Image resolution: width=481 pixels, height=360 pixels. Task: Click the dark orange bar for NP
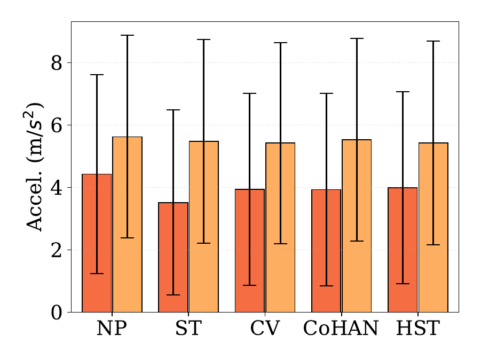[97, 243]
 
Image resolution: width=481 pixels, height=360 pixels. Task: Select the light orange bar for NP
[127, 225]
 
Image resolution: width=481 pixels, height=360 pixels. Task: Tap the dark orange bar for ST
[173, 258]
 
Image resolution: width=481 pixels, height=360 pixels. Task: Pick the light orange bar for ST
[204, 227]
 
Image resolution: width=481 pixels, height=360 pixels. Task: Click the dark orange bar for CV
[250, 251]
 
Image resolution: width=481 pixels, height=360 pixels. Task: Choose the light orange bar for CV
[280, 228]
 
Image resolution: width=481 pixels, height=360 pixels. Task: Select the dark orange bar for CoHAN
[326, 251]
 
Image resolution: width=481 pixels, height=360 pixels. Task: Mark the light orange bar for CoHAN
[357, 226]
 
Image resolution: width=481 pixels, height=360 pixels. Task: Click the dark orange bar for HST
[403, 250]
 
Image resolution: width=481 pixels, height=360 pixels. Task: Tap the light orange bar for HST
[433, 228]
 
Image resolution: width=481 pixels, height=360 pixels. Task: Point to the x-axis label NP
[112, 328]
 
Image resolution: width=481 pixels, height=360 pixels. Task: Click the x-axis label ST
[188, 328]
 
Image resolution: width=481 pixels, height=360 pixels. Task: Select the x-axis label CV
[265, 328]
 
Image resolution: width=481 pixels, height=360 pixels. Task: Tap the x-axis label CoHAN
[341, 328]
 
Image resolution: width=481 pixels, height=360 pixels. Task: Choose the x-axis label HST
[418, 328]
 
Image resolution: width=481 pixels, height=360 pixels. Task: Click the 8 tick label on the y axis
[57, 63]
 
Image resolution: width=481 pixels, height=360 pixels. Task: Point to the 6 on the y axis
[57, 125]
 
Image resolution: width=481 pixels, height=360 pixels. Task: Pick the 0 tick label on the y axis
[57, 313]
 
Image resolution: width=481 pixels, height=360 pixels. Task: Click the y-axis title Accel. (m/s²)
[34, 167]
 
